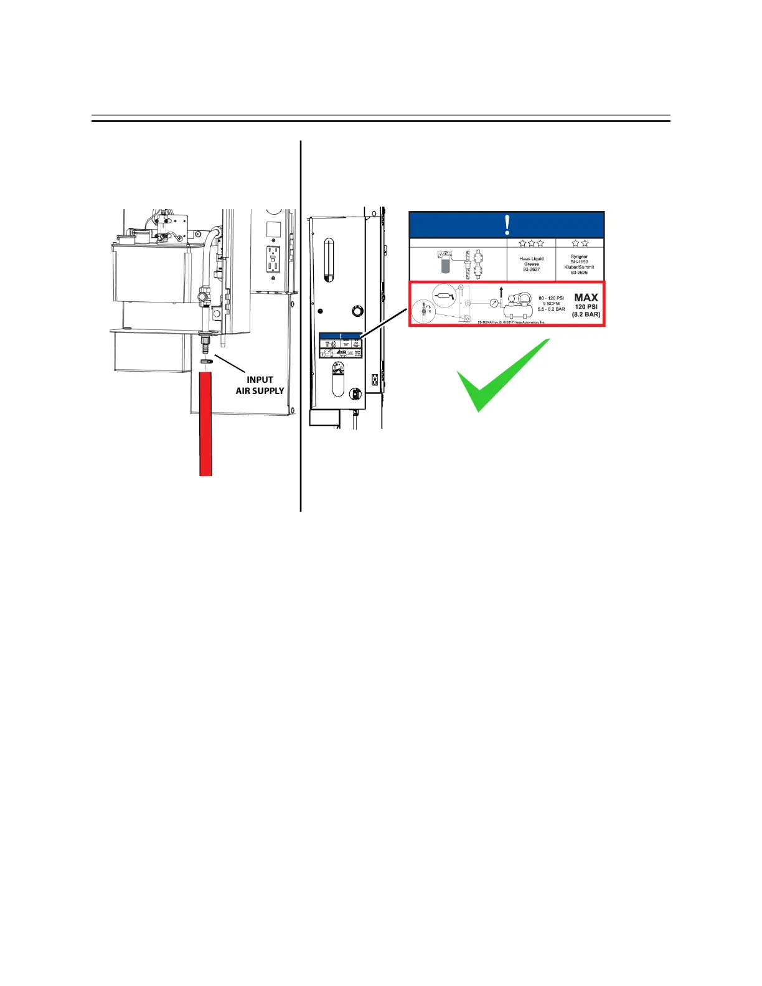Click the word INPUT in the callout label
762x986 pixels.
[260, 380]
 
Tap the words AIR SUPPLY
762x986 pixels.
[260, 391]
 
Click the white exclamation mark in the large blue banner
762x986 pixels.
[507, 225]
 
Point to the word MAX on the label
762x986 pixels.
[586, 298]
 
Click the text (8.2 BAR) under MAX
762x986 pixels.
[586, 315]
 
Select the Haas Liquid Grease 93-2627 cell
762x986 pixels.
[532, 264]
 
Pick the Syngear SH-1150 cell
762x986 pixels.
[579, 265]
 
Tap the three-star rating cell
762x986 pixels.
[532, 243]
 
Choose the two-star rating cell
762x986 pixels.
[580, 243]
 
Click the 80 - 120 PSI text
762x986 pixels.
[551, 298]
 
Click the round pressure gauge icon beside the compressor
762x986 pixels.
[494, 303]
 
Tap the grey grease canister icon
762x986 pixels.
[445, 265]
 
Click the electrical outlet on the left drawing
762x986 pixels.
[272, 258]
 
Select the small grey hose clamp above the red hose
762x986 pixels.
[206, 360]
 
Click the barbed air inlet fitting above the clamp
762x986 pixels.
[205, 344]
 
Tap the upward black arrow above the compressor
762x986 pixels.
[501, 290]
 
